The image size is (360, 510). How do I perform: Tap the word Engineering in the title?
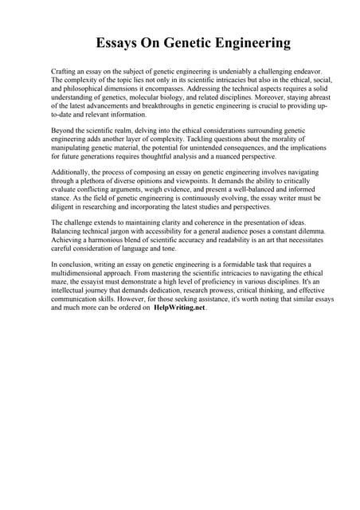(x=250, y=43)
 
